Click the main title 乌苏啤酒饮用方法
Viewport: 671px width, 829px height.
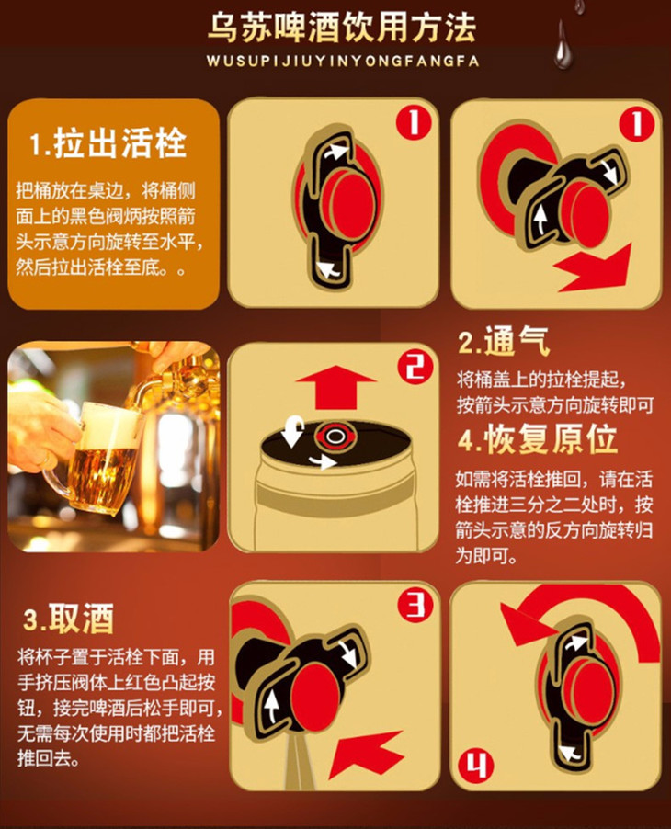[x=342, y=28]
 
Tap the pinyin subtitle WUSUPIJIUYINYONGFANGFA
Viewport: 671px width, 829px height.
[x=343, y=61]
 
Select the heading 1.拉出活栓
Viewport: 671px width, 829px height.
[x=108, y=142]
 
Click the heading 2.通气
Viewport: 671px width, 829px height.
[x=504, y=342]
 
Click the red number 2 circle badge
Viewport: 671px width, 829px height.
[x=415, y=367]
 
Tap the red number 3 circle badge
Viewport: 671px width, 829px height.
[x=415, y=606]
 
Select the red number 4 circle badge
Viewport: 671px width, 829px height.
[x=475, y=766]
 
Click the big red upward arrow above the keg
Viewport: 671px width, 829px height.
[x=335, y=387]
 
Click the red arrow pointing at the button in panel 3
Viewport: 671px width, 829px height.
[x=366, y=754]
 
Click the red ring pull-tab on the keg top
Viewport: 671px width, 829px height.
[x=335, y=437]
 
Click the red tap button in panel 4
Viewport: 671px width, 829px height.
[x=589, y=691]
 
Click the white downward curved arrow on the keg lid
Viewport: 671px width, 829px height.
[x=292, y=429]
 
